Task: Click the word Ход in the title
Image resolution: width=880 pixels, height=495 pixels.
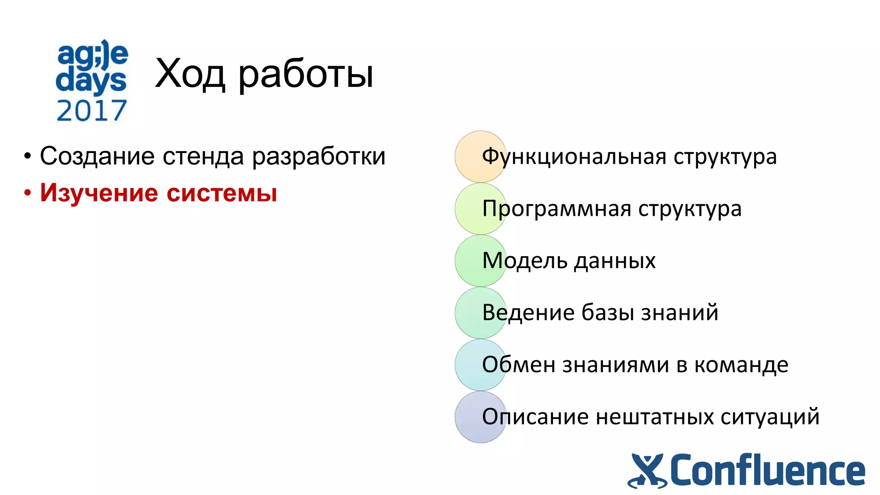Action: click(x=189, y=74)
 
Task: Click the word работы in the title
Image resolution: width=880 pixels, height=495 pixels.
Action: click(x=306, y=74)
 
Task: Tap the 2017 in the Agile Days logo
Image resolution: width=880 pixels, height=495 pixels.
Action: click(x=92, y=110)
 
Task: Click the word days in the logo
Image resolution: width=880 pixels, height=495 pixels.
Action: click(x=91, y=81)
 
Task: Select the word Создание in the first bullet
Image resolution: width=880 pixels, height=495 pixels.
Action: click(x=97, y=156)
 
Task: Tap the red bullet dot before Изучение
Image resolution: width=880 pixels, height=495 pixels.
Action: click(x=27, y=193)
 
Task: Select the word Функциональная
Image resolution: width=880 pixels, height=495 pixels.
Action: click(x=574, y=157)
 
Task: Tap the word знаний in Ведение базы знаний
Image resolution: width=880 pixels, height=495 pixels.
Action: click(x=679, y=312)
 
